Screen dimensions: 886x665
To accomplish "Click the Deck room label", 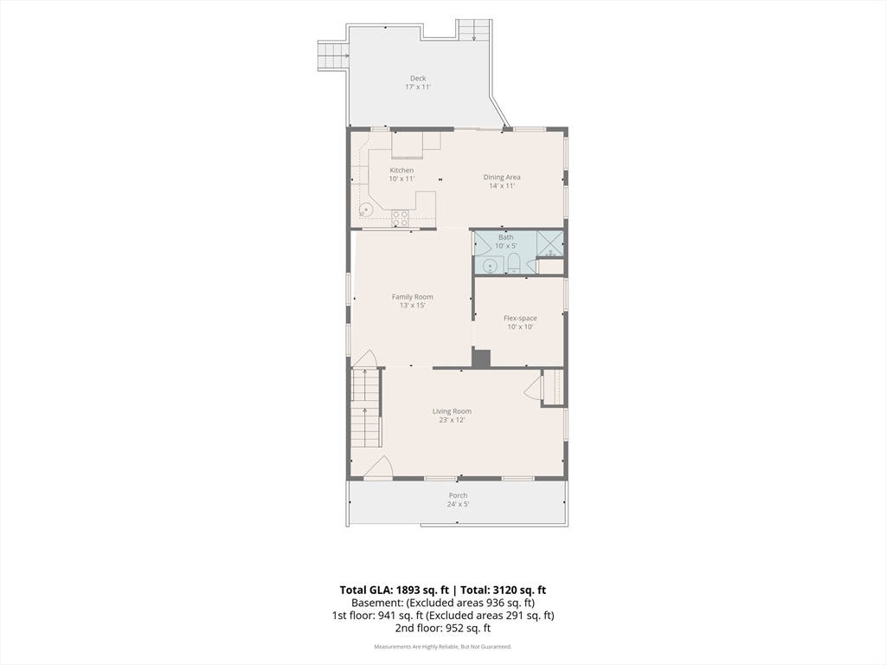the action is (x=418, y=78).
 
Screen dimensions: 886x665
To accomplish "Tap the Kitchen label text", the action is (x=401, y=171).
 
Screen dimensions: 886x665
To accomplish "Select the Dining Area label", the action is (x=502, y=177).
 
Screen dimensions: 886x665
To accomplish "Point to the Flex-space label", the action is (x=520, y=318).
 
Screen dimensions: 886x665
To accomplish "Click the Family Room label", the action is (x=413, y=297).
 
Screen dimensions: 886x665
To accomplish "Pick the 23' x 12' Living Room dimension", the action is (x=452, y=420).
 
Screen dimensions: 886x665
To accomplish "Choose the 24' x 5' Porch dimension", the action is (x=459, y=505).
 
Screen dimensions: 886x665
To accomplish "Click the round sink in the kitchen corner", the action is (x=366, y=210).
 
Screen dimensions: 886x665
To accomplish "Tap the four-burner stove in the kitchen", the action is (x=401, y=218).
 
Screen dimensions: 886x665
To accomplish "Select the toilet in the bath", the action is (x=514, y=264).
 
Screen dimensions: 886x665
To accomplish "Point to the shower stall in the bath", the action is (x=549, y=244).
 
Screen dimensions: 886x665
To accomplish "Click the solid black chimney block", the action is (x=481, y=358).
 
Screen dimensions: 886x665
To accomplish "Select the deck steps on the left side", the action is (x=331, y=55).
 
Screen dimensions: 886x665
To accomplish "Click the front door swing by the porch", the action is (x=379, y=467).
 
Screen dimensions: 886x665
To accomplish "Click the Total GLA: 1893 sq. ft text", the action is (x=395, y=590).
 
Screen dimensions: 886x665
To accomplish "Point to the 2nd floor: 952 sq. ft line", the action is (x=443, y=628).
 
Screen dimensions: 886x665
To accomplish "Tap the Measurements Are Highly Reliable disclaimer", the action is (x=443, y=646).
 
